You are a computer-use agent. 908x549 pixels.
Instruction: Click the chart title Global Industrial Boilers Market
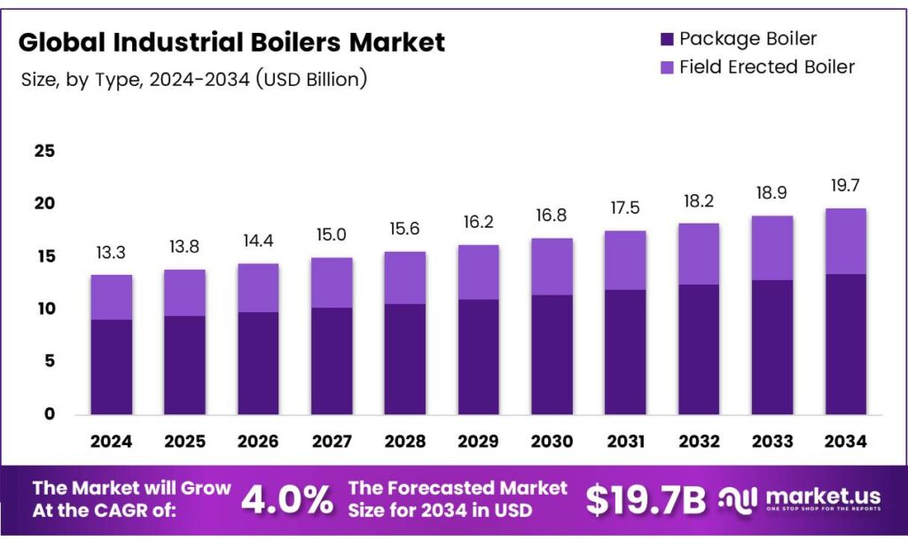[231, 42]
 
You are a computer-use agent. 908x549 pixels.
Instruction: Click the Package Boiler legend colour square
[667, 38]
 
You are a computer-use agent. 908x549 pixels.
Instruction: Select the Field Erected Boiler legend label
[767, 67]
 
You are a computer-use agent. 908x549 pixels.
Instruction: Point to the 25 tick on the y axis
[44, 151]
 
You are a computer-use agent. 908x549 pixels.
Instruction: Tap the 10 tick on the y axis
[44, 309]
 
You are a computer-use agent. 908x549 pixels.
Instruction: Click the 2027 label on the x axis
[332, 441]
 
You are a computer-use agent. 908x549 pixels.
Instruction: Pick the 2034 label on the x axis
[845, 441]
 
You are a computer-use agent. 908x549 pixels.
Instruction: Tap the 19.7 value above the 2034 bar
[845, 185]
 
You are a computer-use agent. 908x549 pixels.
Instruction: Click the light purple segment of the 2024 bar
[112, 297]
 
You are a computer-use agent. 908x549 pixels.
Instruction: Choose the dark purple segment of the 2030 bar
[552, 354]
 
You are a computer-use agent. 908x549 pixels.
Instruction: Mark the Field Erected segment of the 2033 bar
[771, 248]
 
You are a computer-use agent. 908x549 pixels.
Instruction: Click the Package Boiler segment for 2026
[258, 363]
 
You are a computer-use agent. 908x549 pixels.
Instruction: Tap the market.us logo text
[811, 496]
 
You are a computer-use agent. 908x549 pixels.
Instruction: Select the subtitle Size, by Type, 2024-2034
[193, 79]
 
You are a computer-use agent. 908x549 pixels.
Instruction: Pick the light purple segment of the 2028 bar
[405, 278]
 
